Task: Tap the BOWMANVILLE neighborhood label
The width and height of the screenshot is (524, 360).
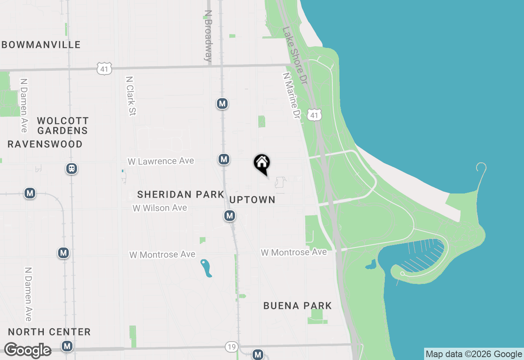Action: coord(41,45)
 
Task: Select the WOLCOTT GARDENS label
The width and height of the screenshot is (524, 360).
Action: coord(63,126)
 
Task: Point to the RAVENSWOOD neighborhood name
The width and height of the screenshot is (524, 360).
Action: coord(45,144)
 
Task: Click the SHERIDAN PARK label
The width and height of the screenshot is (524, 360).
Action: coord(181,194)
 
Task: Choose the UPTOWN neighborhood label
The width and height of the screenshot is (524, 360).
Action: coord(252,200)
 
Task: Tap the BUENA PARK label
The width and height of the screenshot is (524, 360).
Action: coord(298,306)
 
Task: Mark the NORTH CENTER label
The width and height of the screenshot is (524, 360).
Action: coord(49,332)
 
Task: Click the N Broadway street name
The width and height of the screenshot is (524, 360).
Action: coord(208,36)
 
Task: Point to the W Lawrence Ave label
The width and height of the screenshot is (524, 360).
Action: coord(160,161)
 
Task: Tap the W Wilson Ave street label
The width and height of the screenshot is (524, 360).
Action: coord(160,208)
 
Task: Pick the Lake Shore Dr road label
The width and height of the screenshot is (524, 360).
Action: coord(294,56)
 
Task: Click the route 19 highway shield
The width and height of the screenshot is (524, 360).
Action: coord(231,347)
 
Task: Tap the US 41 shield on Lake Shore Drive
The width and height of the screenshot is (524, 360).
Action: coord(314,115)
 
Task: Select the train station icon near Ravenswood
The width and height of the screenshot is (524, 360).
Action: coord(72,169)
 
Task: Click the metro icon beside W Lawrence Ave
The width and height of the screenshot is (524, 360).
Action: coord(224,159)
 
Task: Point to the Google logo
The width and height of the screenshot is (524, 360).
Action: coord(27,350)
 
